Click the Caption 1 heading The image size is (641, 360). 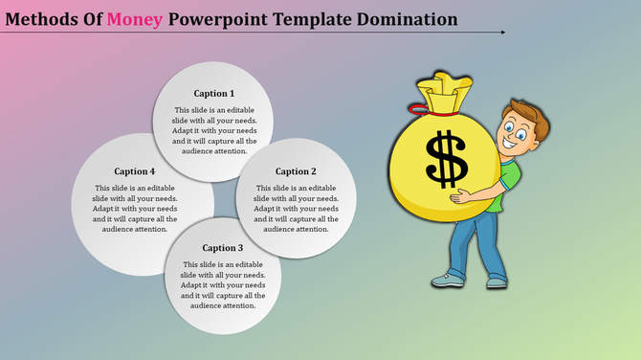click(213, 93)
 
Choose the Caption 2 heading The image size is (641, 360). click(295, 171)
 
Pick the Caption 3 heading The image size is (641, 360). click(223, 248)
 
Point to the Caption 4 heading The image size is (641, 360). click(134, 171)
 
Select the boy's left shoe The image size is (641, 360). click(447, 281)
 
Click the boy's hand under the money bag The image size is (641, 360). click(464, 198)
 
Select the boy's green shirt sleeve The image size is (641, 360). click(513, 174)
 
